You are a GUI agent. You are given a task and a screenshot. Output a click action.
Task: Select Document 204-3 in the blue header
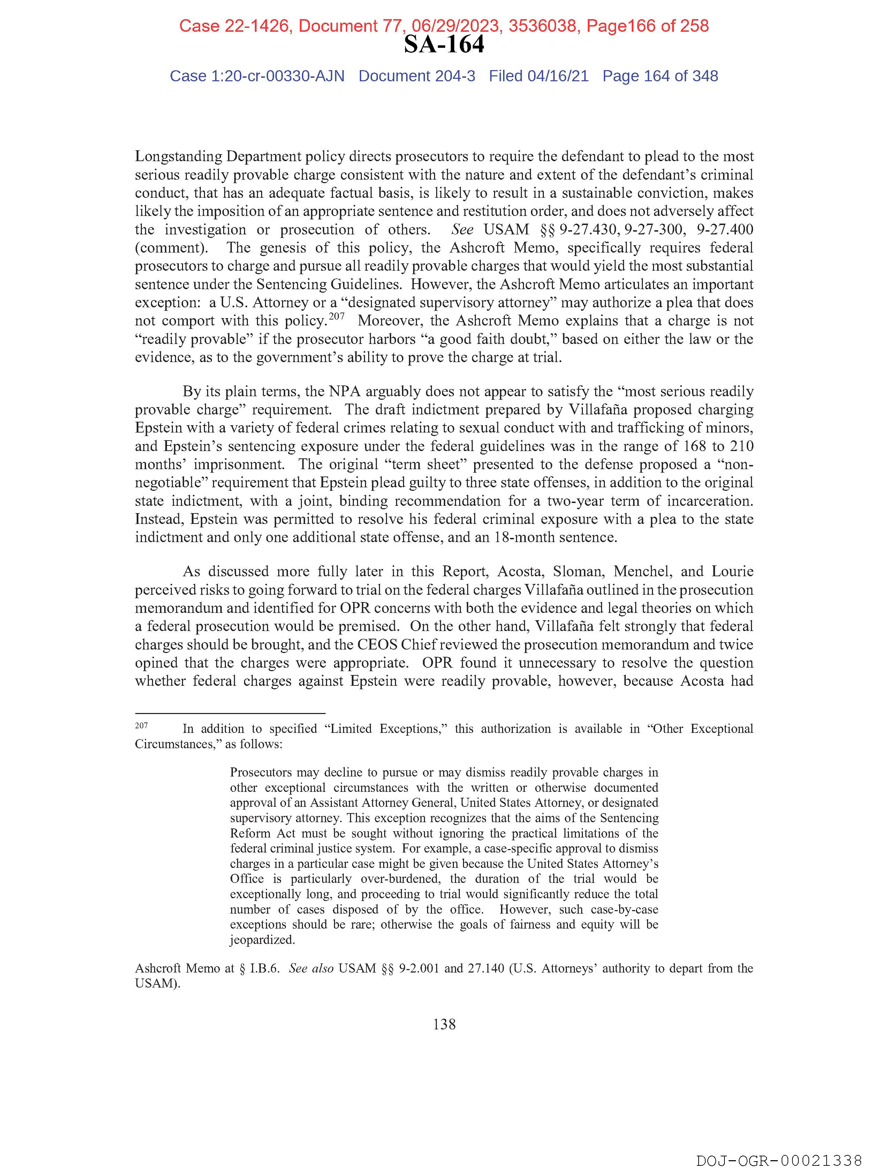coord(417,76)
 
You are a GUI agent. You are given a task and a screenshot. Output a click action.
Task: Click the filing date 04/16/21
coord(558,76)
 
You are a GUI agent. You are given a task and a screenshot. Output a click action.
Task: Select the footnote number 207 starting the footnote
coord(141,725)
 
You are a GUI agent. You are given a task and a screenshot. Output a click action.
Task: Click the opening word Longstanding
coord(178,157)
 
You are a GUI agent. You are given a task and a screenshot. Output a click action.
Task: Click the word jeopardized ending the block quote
coord(262,940)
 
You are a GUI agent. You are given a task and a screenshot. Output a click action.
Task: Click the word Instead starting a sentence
coord(159,519)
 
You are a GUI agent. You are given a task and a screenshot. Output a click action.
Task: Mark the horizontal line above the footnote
coord(230,713)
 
